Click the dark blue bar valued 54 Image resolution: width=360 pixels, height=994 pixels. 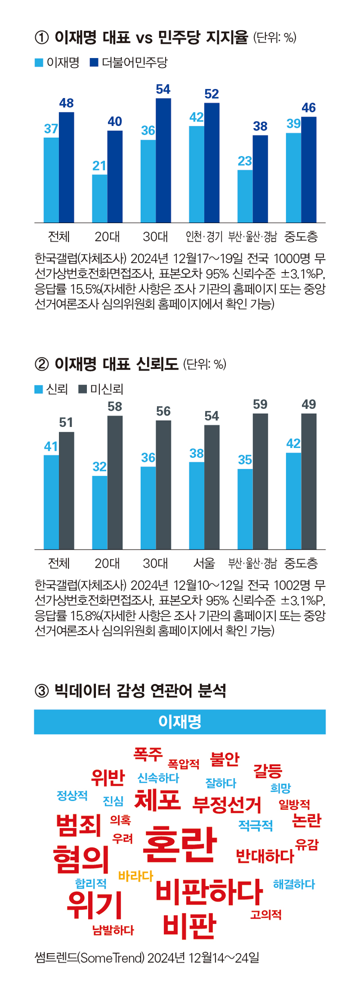(x=163, y=160)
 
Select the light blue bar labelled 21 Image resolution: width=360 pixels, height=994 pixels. (x=99, y=198)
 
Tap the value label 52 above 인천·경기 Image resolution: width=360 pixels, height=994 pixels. (x=211, y=94)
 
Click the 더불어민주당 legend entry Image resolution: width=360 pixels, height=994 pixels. (x=129, y=63)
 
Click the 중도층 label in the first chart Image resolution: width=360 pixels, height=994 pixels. (x=301, y=236)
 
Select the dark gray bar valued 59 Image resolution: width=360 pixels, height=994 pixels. (x=260, y=481)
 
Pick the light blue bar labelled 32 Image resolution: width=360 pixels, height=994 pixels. (x=99, y=512)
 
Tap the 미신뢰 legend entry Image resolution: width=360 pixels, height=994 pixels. (x=101, y=389)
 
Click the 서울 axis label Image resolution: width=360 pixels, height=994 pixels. (x=204, y=563)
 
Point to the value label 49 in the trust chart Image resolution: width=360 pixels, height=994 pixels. (x=309, y=404)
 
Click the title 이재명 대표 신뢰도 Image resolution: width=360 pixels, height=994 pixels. (x=117, y=364)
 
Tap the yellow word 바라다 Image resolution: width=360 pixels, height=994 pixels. (x=135, y=876)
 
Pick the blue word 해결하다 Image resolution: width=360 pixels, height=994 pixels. (x=294, y=884)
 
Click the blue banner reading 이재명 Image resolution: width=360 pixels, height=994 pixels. (x=180, y=721)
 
